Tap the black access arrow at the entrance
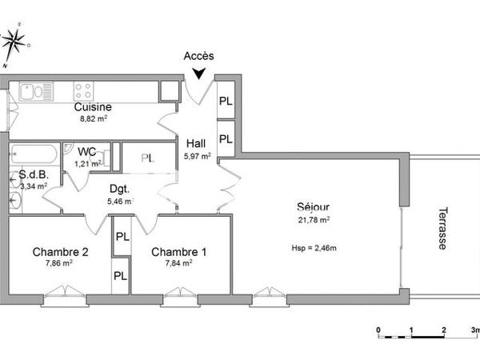[x=198, y=74]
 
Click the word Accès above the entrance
[x=198, y=56]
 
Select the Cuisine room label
[x=93, y=107]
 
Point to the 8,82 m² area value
[x=93, y=118]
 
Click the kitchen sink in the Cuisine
[x=31, y=90]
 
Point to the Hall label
[x=197, y=144]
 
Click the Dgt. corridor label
[x=119, y=190]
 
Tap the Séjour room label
[x=312, y=206]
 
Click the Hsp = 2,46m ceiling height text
[x=314, y=248]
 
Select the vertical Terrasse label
[x=442, y=229]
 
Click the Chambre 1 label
[x=179, y=251]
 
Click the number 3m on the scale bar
[x=474, y=330]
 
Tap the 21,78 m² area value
[x=313, y=218]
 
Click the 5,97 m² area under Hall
[x=197, y=156]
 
